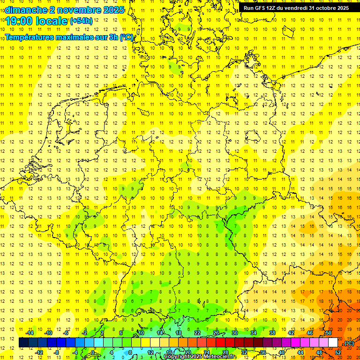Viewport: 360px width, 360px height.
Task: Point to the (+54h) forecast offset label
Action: pos(81,21)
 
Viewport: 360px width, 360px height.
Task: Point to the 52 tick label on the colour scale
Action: pos(337,352)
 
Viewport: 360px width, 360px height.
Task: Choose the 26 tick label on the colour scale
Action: pos(216,333)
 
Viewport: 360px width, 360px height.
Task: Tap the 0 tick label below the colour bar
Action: pos(93,352)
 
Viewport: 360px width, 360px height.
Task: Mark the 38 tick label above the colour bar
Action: pos(272,333)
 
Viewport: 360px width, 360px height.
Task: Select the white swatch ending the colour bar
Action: pos(333,343)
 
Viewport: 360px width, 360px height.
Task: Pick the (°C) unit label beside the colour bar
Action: pos(349,343)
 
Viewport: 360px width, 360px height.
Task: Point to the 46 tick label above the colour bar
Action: pos(310,333)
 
